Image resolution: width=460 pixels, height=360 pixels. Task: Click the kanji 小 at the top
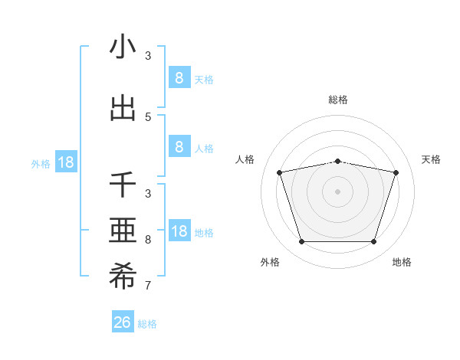click(x=123, y=47)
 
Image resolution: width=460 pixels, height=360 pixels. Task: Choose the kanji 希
click(x=123, y=279)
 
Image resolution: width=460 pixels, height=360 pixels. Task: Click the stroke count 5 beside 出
click(x=148, y=117)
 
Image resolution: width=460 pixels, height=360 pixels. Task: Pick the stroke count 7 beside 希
click(x=148, y=286)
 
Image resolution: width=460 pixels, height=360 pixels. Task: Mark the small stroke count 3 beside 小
click(x=148, y=56)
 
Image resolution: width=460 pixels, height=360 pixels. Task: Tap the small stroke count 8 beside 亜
click(x=148, y=240)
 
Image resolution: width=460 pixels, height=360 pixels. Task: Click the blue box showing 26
click(x=123, y=322)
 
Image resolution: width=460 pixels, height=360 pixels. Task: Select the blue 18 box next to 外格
click(x=65, y=162)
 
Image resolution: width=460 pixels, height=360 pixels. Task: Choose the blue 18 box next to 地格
click(x=179, y=231)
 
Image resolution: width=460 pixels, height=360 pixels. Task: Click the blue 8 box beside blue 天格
click(x=179, y=77)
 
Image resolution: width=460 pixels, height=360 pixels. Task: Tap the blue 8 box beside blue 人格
click(x=179, y=147)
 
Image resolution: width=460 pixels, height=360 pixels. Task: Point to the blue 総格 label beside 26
click(x=147, y=324)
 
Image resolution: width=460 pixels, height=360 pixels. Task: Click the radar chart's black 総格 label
click(x=338, y=100)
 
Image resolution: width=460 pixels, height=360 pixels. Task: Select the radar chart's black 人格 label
click(x=245, y=159)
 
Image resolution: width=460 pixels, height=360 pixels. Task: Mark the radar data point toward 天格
click(x=396, y=172)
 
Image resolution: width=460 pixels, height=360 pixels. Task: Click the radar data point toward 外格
click(x=301, y=242)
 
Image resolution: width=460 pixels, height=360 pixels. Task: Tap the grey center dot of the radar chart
click(x=338, y=191)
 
